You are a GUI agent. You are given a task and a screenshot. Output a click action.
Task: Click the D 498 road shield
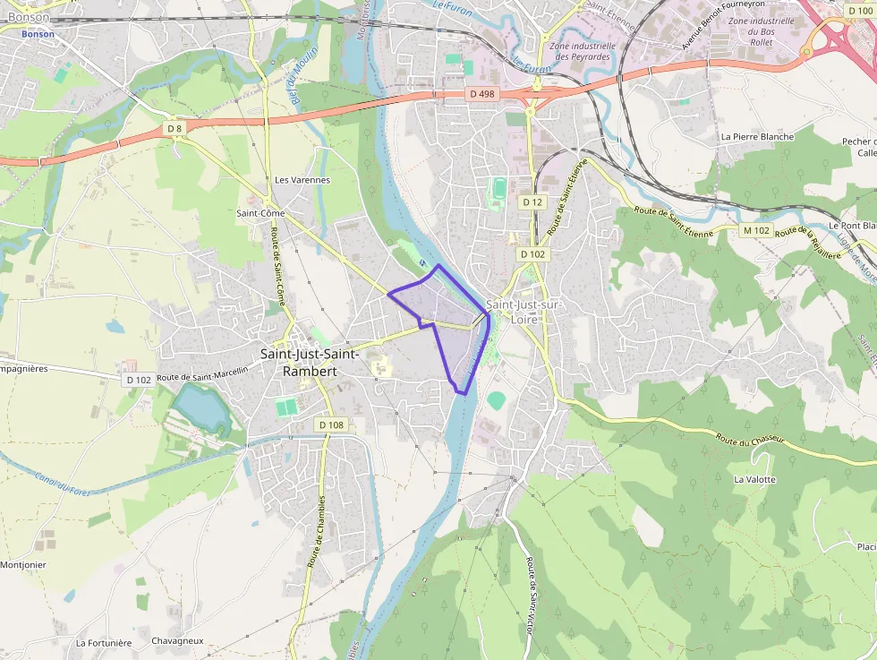click(481, 94)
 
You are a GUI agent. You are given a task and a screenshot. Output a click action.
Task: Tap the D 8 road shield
click(175, 129)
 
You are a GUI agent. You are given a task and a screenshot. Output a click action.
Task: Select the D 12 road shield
click(532, 202)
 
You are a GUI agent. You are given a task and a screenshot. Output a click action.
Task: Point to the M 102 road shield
click(756, 231)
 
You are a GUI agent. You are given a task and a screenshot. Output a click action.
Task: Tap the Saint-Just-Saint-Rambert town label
click(311, 362)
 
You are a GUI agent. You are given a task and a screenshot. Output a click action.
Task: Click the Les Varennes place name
click(302, 180)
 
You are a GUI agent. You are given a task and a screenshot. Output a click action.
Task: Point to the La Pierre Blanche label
click(757, 137)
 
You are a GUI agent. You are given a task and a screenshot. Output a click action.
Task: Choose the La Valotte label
click(754, 479)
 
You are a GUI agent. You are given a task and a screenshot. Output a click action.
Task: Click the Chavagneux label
click(177, 641)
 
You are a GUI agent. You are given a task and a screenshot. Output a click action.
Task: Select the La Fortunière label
click(104, 643)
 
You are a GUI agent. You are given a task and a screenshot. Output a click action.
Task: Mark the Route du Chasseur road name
click(749, 440)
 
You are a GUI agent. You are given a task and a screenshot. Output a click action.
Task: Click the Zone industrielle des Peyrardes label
click(583, 51)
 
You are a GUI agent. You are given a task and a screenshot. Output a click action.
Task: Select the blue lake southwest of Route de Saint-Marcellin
click(200, 407)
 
